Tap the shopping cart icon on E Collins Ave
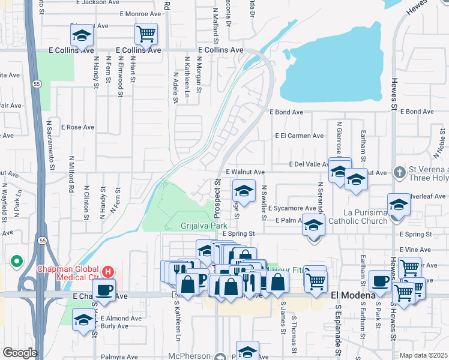pos(146,34)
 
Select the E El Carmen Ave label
pos(299,136)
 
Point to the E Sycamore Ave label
pos(292,208)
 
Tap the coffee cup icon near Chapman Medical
pos(103,289)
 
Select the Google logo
pos(20,353)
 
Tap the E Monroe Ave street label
pos(140,13)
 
